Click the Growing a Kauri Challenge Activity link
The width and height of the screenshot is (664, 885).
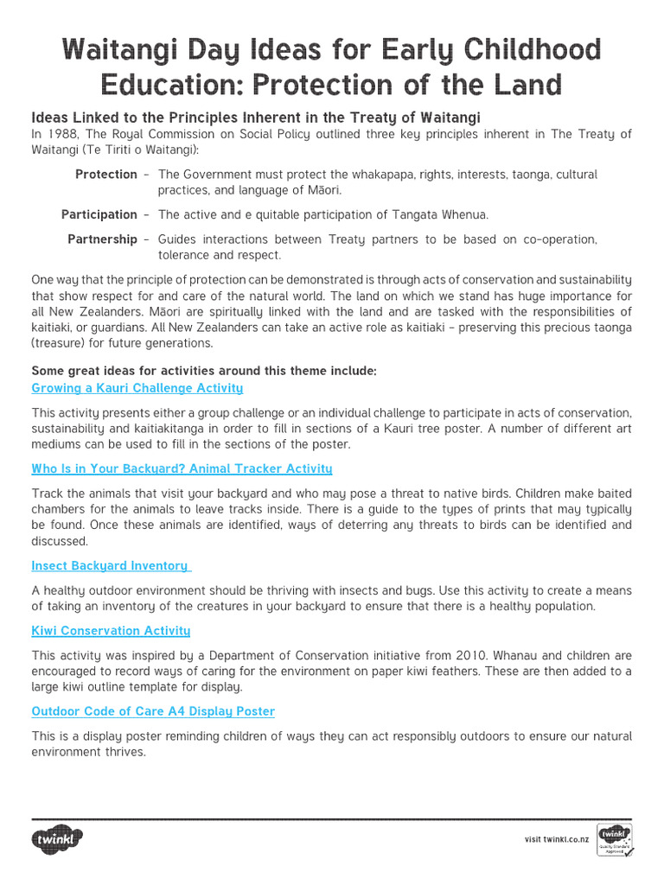coord(137,388)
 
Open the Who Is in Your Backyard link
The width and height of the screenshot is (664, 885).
coord(182,468)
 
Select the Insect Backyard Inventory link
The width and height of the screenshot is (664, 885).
coord(111,565)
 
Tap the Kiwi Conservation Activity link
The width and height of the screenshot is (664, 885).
coord(111,631)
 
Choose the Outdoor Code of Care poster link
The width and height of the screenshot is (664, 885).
coord(153,711)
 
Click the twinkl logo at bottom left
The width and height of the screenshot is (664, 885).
coord(58,839)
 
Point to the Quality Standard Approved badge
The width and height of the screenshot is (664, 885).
coord(615,839)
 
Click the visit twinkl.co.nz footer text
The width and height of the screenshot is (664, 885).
coord(558,839)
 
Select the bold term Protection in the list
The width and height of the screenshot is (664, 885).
coord(105,175)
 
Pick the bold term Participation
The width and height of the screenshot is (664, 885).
coord(99,214)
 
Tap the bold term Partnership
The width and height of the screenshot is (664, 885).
coord(102,239)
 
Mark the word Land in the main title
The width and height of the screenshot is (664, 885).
coord(527,84)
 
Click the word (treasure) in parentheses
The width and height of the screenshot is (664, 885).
coord(61,343)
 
